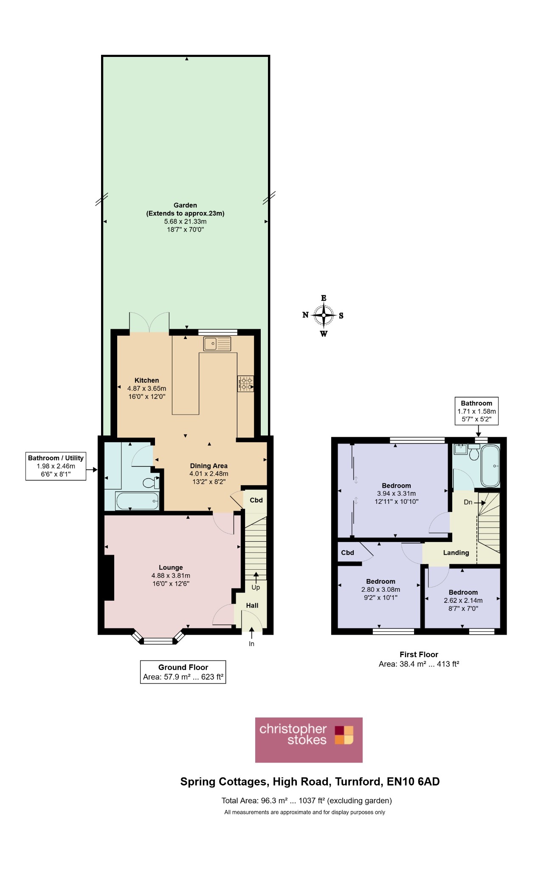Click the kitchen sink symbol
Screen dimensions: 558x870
tap(217, 343)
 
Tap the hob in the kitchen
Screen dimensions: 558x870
tap(245, 384)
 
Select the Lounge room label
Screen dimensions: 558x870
tap(171, 568)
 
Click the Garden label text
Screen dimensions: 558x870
tap(185, 205)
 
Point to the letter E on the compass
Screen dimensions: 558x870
tap(324, 298)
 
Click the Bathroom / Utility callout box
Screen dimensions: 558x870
tap(56, 466)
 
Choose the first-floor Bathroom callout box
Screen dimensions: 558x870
tap(476, 411)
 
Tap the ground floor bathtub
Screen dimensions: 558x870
tap(137, 501)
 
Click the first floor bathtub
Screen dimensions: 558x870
tap(490, 466)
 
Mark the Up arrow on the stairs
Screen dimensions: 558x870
tap(256, 578)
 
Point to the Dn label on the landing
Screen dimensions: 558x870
tap(468, 502)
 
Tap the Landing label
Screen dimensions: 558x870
tap(456, 553)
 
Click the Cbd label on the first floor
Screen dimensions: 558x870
tap(347, 553)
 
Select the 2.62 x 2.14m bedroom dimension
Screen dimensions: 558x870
tap(463, 600)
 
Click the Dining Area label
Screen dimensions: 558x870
tap(209, 466)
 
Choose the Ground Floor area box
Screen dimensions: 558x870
tap(183, 672)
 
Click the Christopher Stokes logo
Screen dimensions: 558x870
tap(309, 740)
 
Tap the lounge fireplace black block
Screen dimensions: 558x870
tap(109, 578)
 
